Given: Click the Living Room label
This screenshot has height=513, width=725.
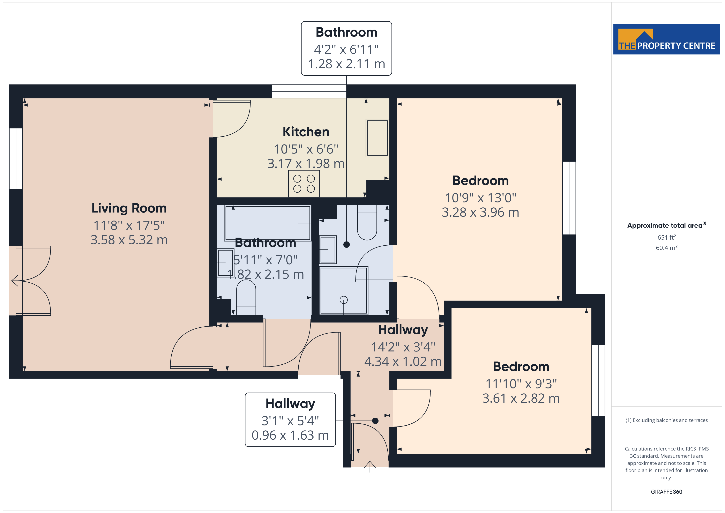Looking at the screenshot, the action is click(129, 208).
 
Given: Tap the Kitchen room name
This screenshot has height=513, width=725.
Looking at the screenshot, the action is click(306, 132).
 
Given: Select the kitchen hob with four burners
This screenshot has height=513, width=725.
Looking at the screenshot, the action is click(304, 184).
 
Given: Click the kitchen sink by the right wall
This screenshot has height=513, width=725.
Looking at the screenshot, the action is click(377, 138).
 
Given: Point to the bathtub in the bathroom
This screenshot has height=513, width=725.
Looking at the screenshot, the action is click(267, 223).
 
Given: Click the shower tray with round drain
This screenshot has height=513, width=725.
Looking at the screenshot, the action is click(344, 290).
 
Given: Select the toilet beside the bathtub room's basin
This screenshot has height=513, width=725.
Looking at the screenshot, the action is click(246, 297).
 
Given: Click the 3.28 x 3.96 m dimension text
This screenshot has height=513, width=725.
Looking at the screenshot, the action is click(480, 212).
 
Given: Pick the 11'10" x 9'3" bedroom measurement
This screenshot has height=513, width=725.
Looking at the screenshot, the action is click(521, 384).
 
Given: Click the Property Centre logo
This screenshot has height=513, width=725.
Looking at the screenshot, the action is click(666, 39).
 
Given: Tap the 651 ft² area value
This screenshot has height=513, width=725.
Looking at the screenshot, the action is click(667, 237).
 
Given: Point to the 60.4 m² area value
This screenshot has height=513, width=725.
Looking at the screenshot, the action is click(667, 248).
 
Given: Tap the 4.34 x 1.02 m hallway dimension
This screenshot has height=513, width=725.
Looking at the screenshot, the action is click(403, 361).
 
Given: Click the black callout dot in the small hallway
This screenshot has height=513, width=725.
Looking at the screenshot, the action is click(375, 421).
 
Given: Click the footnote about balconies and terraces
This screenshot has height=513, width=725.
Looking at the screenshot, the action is click(667, 420).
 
